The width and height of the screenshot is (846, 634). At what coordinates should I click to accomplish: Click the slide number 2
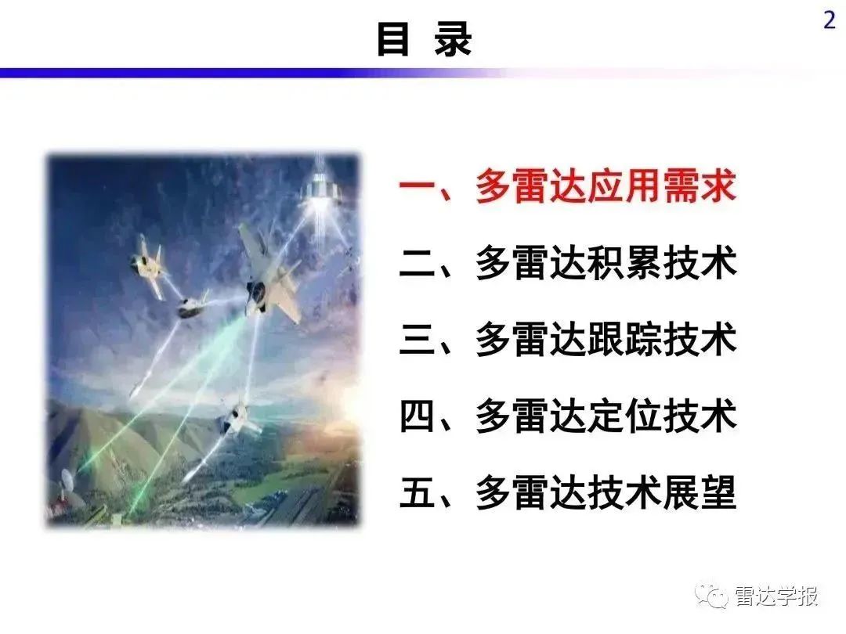(x=830, y=20)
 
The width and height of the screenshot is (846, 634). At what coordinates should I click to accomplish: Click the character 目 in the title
(x=392, y=38)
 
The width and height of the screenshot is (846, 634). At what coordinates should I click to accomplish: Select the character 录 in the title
(x=454, y=38)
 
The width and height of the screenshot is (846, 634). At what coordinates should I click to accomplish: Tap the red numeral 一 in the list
(x=418, y=186)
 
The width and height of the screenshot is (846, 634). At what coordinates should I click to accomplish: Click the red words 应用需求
(x=662, y=186)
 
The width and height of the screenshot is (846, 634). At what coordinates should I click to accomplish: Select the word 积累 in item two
(x=624, y=262)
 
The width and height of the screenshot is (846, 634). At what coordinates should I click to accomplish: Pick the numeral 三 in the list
(x=418, y=339)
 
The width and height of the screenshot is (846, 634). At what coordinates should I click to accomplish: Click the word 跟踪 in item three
(x=624, y=339)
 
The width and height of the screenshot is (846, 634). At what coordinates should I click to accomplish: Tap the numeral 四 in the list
(x=418, y=416)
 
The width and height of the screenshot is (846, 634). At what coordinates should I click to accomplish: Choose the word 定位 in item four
(x=624, y=416)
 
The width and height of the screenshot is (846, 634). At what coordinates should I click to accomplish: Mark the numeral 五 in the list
(x=418, y=492)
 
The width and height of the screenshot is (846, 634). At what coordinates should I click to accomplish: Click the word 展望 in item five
(x=700, y=492)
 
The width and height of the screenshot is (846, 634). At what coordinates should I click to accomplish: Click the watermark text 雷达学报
(x=775, y=596)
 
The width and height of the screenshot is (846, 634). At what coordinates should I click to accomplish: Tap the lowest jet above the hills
(x=238, y=419)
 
